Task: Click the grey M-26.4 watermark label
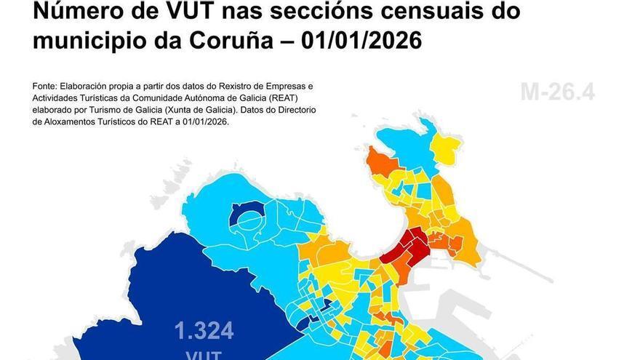[558, 92]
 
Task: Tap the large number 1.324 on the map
[204, 332]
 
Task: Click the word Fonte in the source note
[45, 85]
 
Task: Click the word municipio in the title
[86, 41]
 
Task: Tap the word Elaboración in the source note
[92, 85]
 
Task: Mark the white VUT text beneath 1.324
[204, 354]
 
